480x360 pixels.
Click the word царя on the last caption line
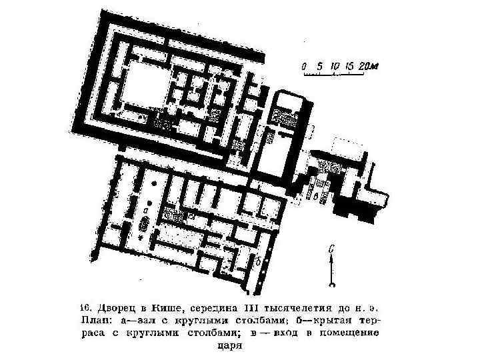click(227, 345)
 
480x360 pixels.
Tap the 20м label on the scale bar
click(368, 66)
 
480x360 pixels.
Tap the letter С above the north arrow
click(331, 249)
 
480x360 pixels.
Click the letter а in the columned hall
click(145, 209)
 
